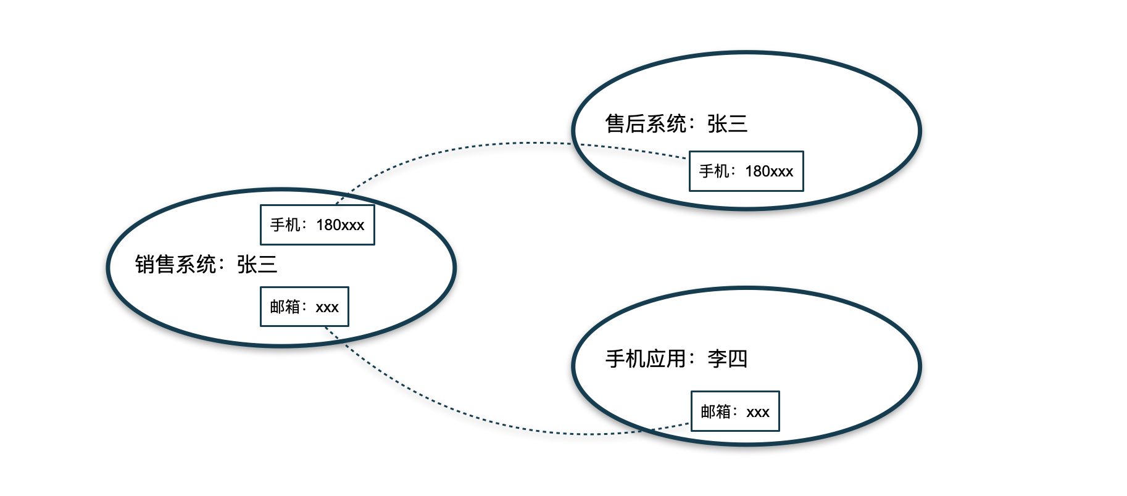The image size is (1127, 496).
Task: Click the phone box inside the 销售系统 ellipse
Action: pyautogui.click(x=317, y=225)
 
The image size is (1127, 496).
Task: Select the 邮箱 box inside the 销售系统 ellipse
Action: pyautogui.click(x=304, y=307)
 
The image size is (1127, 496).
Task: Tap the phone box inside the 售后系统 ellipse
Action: pyautogui.click(x=746, y=171)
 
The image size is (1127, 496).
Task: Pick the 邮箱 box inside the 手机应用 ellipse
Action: pyautogui.click(x=735, y=411)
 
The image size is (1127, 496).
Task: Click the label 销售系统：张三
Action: pyautogui.click(x=206, y=265)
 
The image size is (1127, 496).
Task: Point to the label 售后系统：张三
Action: pyautogui.click(x=676, y=124)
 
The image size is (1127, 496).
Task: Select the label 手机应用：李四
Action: pyautogui.click(x=676, y=358)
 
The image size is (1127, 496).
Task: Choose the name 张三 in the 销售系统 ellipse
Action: pyautogui.click(x=257, y=265)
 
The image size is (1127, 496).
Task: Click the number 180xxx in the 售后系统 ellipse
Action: pyautogui.click(x=769, y=172)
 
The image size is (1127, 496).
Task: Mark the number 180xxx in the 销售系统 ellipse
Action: pyautogui.click(x=340, y=225)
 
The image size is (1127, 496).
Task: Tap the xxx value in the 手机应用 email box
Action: pyautogui.click(x=758, y=412)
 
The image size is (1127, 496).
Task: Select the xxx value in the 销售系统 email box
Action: pyautogui.click(x=327, y=307)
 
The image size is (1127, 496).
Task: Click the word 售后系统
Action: pyautogui.click(x=646, y=124)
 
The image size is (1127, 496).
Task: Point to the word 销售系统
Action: pyautogui.click(x=175, y=265)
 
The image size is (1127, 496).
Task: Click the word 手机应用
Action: pyautogui.click(x=646, y=358)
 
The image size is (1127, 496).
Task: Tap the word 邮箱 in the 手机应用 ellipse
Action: pyautogui.click(x=715, y=411)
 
